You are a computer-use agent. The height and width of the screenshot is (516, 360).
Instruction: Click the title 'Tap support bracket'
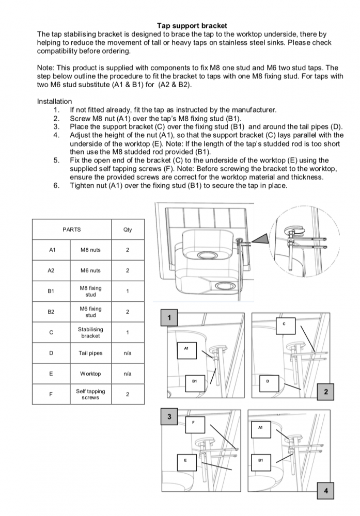192,25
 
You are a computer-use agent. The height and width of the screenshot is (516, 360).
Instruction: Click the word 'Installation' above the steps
54,101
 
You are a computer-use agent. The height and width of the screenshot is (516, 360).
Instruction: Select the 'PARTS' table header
72,230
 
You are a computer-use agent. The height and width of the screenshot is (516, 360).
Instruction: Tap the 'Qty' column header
128,230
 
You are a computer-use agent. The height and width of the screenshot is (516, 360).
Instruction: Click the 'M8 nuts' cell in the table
90,250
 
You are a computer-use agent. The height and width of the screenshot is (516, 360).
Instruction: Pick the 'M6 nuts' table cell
90,270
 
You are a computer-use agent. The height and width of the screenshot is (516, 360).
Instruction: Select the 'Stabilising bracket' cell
90,332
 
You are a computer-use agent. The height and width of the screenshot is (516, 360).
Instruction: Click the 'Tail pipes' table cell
90,353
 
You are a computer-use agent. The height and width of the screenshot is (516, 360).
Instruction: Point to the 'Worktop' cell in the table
90,374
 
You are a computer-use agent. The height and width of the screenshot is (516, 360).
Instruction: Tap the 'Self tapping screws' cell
90,394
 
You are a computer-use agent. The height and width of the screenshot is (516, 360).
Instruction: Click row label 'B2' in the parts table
51,312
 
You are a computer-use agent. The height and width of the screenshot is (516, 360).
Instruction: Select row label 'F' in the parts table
51,394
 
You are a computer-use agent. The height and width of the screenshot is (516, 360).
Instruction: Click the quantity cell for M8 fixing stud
128,292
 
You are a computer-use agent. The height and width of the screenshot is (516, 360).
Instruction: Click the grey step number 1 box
168,318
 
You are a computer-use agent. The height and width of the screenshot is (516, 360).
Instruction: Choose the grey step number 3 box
168,416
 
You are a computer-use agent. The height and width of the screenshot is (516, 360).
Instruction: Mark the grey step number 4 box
325,491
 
